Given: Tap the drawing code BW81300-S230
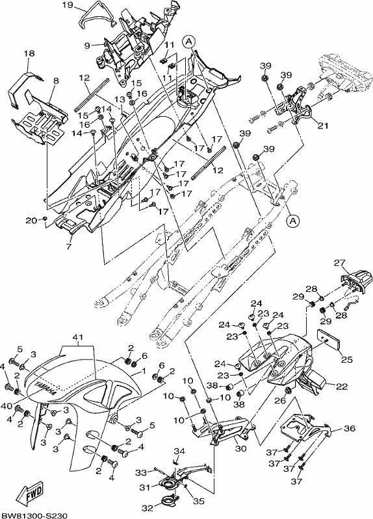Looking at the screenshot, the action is (x=34, y=514).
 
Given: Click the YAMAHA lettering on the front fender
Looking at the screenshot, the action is (x=45, y=387).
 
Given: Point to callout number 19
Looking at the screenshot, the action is (x=68, y=5).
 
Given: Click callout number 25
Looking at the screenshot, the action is (x=347, y=359).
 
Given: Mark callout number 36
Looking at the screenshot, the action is (x=350, y=428).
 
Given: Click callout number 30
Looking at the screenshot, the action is (x=241, y=449).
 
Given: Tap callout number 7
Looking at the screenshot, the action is (x=69, y=247).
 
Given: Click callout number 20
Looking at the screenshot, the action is (x=31, y=220).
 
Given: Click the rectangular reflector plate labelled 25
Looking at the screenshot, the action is (x=328, y=339).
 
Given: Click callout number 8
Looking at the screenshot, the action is (x=55, y=80).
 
